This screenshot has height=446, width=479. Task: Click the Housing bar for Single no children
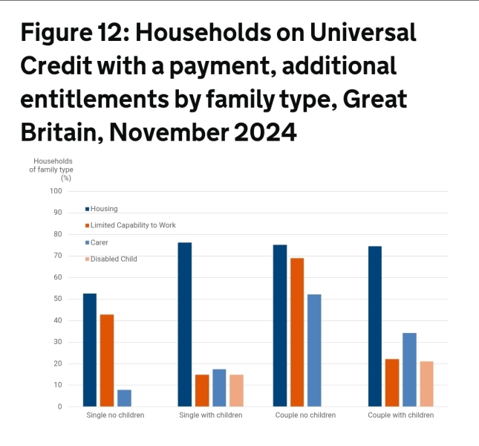coord(90,350)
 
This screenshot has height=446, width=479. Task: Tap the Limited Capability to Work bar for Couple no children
coord(297,332)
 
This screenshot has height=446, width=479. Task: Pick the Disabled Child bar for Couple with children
coord(426,384)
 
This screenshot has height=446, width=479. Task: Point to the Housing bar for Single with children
coord(185,324)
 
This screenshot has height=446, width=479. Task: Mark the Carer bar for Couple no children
coord(314,350)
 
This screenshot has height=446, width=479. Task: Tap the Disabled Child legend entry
coord(114,259)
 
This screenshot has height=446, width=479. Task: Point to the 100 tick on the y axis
coord(56,191)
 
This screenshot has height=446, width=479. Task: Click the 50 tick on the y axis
coord(57,299)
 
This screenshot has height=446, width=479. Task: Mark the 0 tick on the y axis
coord(59,407)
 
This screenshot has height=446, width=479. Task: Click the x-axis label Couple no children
coord(305,415)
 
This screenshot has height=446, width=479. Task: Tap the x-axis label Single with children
coord(211,415)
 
